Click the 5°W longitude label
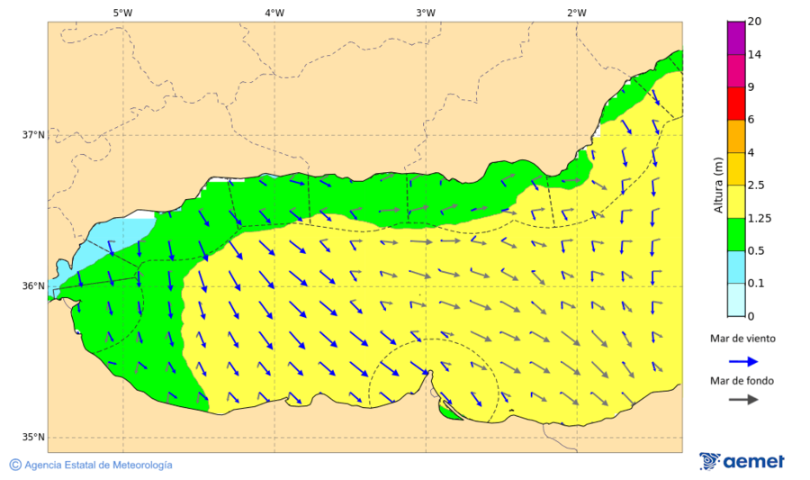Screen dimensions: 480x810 [122, 13]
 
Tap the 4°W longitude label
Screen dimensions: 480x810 [274, 13]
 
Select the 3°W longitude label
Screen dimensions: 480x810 [426, 13]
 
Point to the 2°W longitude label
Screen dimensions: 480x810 [577, 13]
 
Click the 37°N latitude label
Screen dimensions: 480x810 [33, 135]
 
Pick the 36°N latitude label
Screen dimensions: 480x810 [33, 286]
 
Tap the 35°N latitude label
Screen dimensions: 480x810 [33, 438]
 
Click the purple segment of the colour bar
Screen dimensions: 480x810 [736, 38]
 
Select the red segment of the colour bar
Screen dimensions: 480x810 [736, 103]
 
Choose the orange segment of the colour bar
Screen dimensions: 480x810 [736, 136]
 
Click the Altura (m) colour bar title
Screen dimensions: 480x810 [718, 185]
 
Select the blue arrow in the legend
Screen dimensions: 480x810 [742, 361]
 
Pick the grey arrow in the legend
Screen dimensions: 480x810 [742, 400]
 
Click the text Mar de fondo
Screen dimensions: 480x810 [742, 381]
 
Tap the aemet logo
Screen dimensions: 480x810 [742, 461]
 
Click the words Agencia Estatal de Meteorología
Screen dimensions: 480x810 [98, 465]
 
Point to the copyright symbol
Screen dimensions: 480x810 [15, 465]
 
